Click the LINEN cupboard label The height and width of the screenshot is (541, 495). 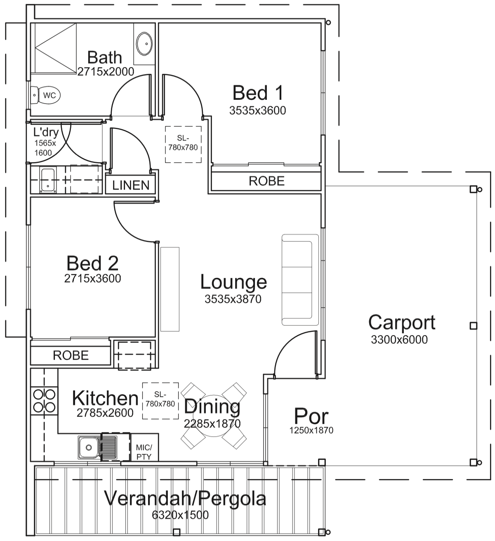[131, 185]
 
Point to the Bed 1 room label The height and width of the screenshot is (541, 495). [258, 93]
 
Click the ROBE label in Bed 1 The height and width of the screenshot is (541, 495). [266, 181]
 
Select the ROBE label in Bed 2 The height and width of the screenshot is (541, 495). [71, 355]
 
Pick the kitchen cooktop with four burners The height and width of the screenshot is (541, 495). [44, 400]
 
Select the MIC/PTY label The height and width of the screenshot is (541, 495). [144, 452]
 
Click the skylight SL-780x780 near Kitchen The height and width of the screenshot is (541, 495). [160, 400]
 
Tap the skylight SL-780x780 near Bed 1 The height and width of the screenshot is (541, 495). [183, 144]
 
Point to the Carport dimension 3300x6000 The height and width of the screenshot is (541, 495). [399, 340]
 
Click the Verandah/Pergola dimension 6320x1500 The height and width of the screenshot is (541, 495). [180, 515]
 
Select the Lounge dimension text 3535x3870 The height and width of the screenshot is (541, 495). [233, 299]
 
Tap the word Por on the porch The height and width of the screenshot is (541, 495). [311, 416]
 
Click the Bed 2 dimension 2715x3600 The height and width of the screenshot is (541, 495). [92, 278]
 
